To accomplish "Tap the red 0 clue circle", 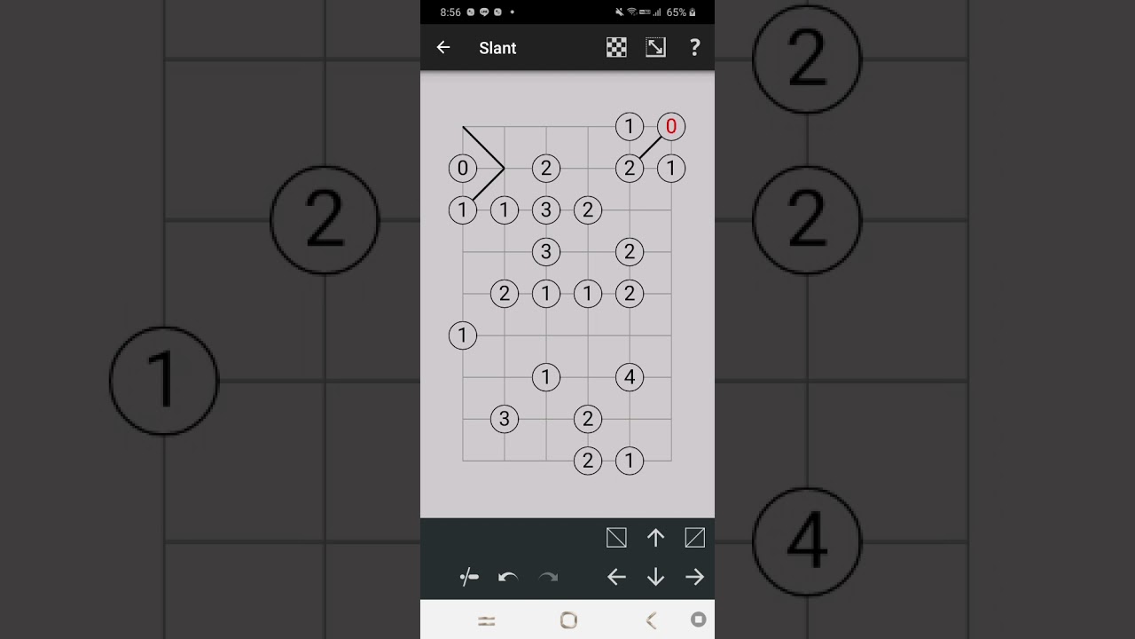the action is click(671, 126).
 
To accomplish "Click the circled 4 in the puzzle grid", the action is click(630, 377).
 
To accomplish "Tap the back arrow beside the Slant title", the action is click(443, 47).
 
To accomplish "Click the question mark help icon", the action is click(694, 47).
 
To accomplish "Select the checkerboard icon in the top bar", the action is click(616, 47).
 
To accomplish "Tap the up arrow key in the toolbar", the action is click(655, 538).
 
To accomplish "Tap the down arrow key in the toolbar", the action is click(655, 577).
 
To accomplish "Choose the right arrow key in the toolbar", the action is click(694, 577).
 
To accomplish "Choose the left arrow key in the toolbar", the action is click(616, 577).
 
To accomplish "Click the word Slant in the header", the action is click(497, 48).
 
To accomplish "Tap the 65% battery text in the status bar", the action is click(676, 12).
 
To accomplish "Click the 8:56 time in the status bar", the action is click(450, 12).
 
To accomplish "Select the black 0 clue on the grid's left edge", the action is click(463, 168).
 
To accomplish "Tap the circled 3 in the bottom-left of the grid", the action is click(505, 419).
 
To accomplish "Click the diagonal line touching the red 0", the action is click(650, 147).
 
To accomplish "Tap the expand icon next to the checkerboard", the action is click(655, 47).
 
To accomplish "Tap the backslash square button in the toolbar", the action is click(616, 538).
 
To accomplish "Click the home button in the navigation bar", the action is click(568, 620).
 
